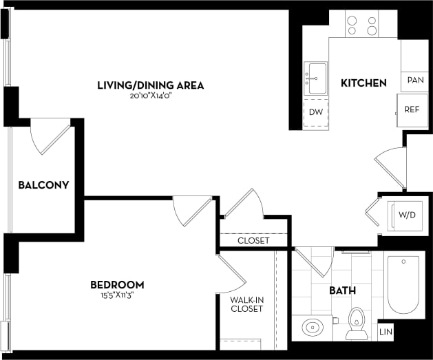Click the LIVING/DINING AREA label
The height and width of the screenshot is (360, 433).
click(150, 85)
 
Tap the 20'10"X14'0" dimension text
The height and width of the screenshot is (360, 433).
click(150, 96)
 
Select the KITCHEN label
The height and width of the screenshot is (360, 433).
click(363, 83)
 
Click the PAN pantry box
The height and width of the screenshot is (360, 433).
click(414, 81)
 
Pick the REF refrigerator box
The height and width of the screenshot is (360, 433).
click(412, 109)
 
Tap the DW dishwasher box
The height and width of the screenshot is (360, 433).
click(316, 112)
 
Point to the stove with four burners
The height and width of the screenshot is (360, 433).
click(362, 25)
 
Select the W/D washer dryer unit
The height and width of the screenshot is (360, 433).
click(407, 215)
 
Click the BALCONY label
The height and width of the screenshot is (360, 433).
click(43, 185)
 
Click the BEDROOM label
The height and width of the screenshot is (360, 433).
click(117, 285)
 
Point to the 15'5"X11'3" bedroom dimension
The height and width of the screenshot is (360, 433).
click(117, 296)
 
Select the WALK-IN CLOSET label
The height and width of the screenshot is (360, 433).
click(246, 304)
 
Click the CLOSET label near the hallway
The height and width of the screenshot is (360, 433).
click(253, 241)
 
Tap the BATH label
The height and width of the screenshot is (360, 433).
click(341, 291)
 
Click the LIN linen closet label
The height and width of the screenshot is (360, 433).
click(386, 332)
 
